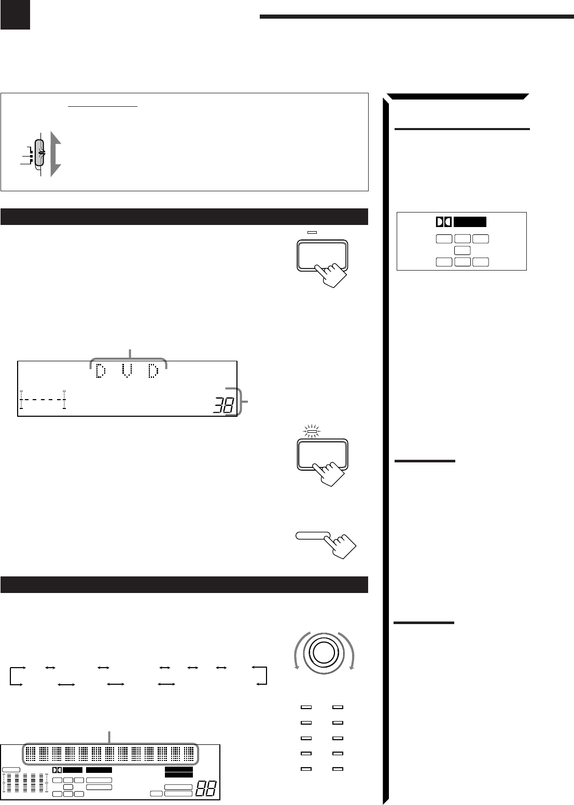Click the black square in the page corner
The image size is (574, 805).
pos(15,15)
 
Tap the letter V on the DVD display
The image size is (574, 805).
pos(127,371)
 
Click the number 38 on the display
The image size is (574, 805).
pos(223,405)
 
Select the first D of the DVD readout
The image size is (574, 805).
pos(101,371)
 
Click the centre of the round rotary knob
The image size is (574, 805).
pos(324,653)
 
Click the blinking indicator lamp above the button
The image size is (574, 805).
pos(312,431)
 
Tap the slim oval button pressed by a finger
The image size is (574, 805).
pos(313,536)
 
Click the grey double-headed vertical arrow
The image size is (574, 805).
pos(55,154)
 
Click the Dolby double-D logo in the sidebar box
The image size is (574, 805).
pos(443,222)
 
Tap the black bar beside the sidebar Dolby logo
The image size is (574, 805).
pos(470,222)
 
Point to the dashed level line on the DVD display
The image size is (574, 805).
pos(43,399)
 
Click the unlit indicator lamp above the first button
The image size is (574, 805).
pos(312,233)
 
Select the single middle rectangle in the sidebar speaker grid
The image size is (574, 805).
pos(462,250)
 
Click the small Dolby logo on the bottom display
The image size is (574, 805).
pos(57,770)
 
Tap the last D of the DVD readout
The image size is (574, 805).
pos(153,371)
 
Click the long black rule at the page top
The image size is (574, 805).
pos(416,17)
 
